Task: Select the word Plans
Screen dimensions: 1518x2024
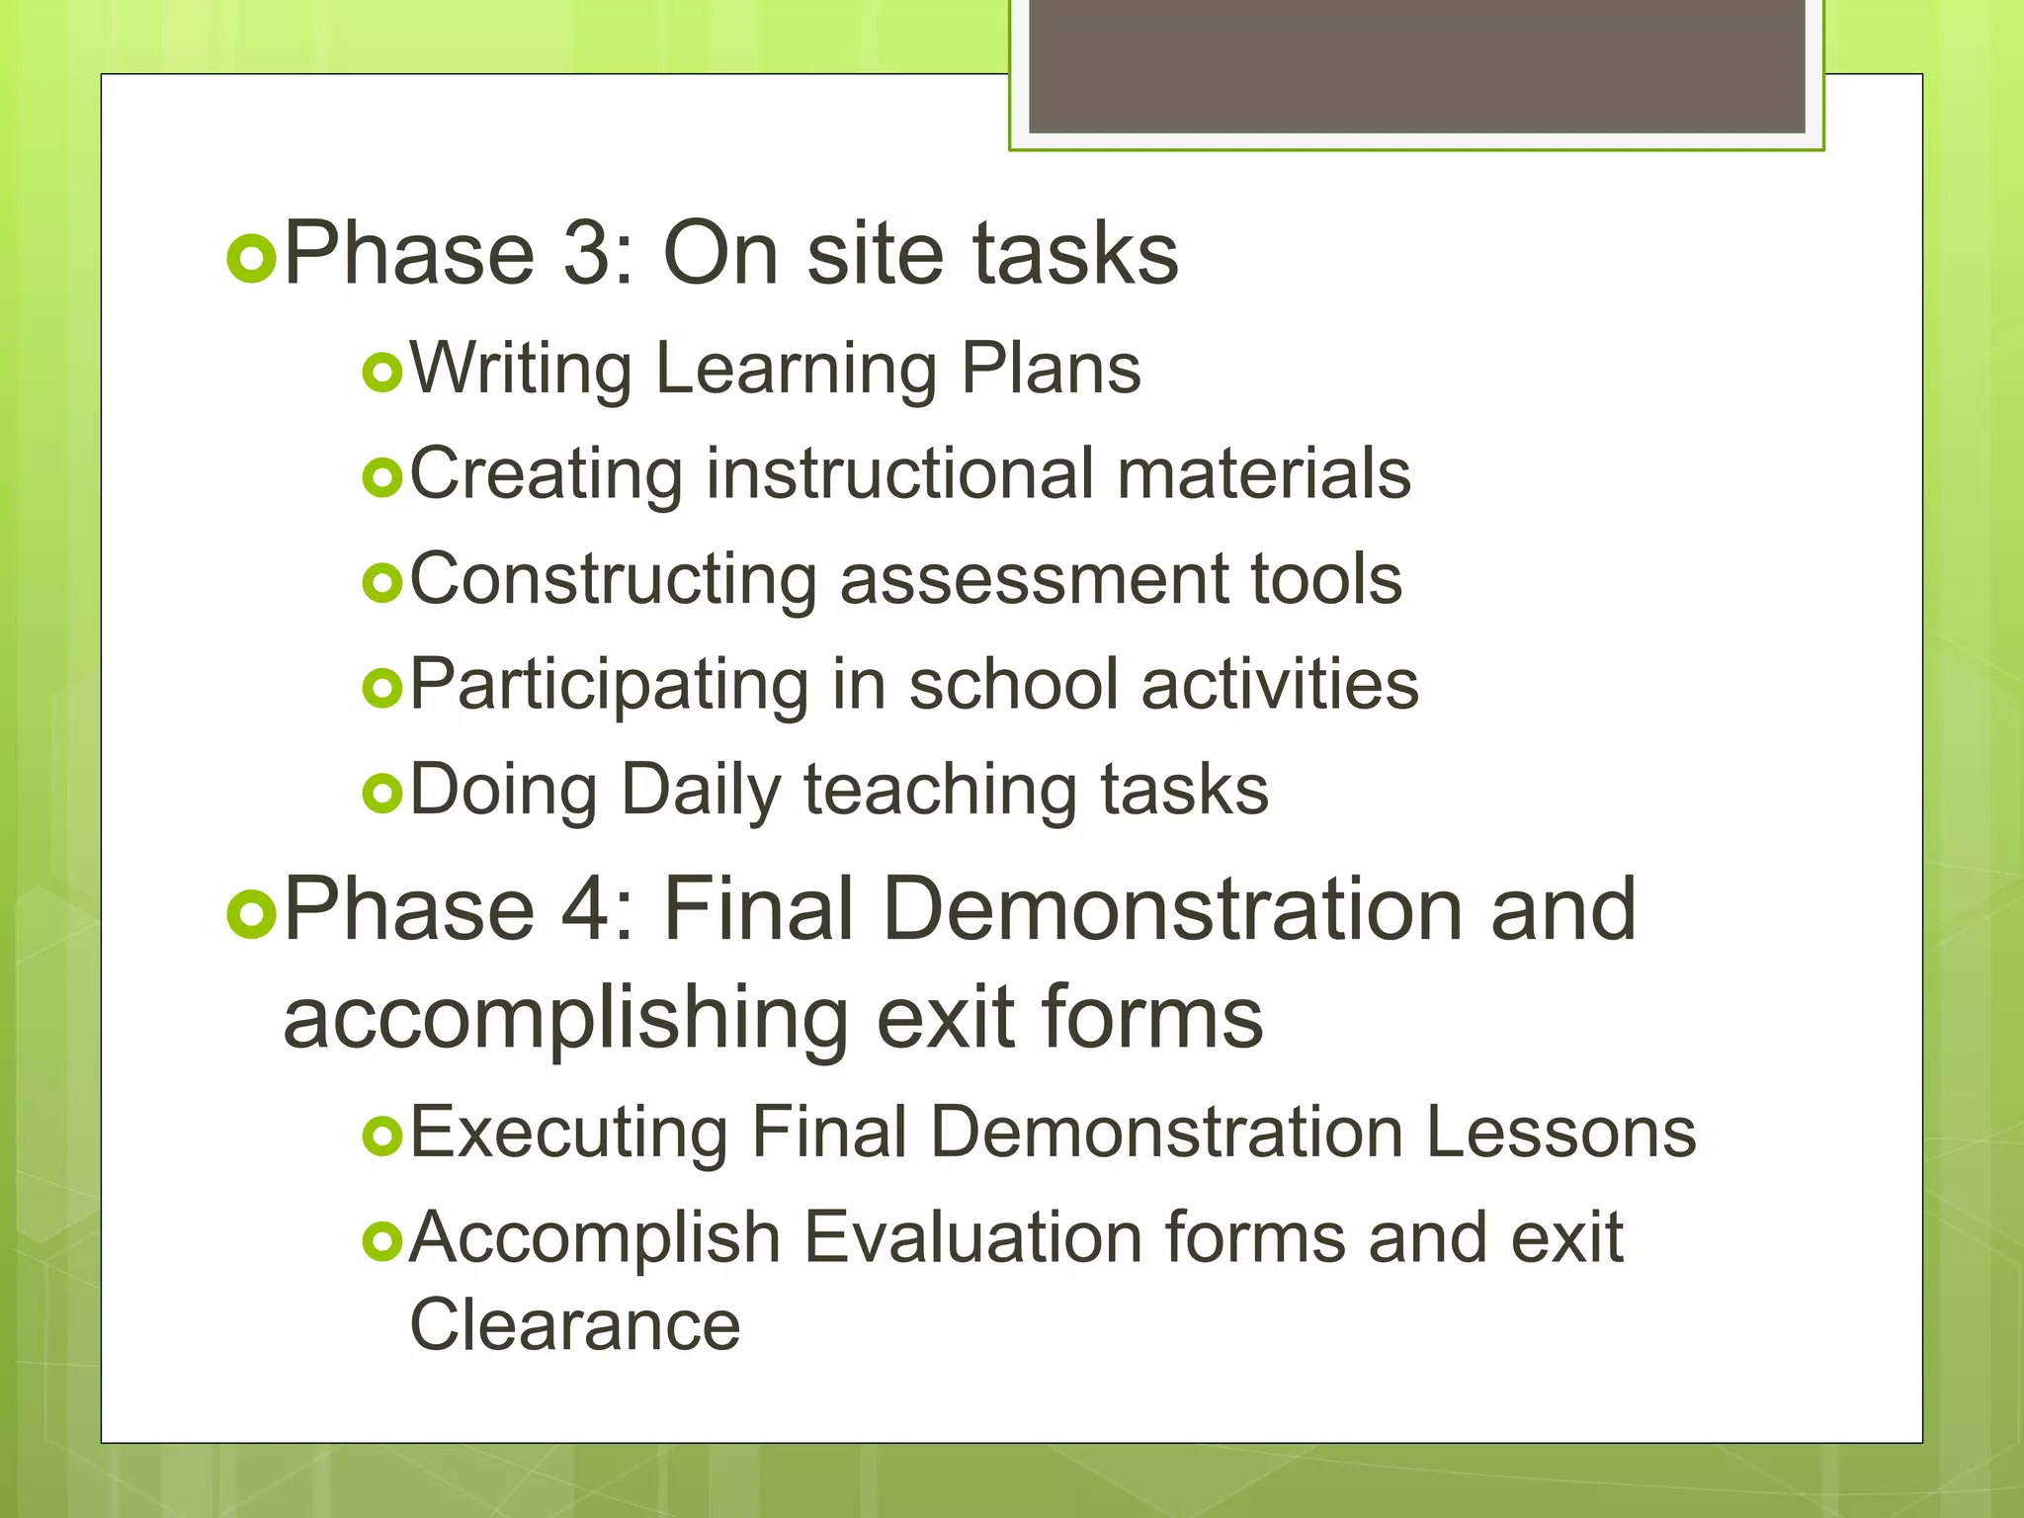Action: [1051, 369]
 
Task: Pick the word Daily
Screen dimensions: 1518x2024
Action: [701, 792]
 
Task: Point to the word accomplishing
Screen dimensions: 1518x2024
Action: [565, 1020]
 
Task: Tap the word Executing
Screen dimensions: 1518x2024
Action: [568, 1134]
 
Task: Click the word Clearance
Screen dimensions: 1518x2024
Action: [574, 1325]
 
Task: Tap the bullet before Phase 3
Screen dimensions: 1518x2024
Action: [251, 259]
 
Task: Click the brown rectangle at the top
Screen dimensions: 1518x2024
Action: [1416, 65]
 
